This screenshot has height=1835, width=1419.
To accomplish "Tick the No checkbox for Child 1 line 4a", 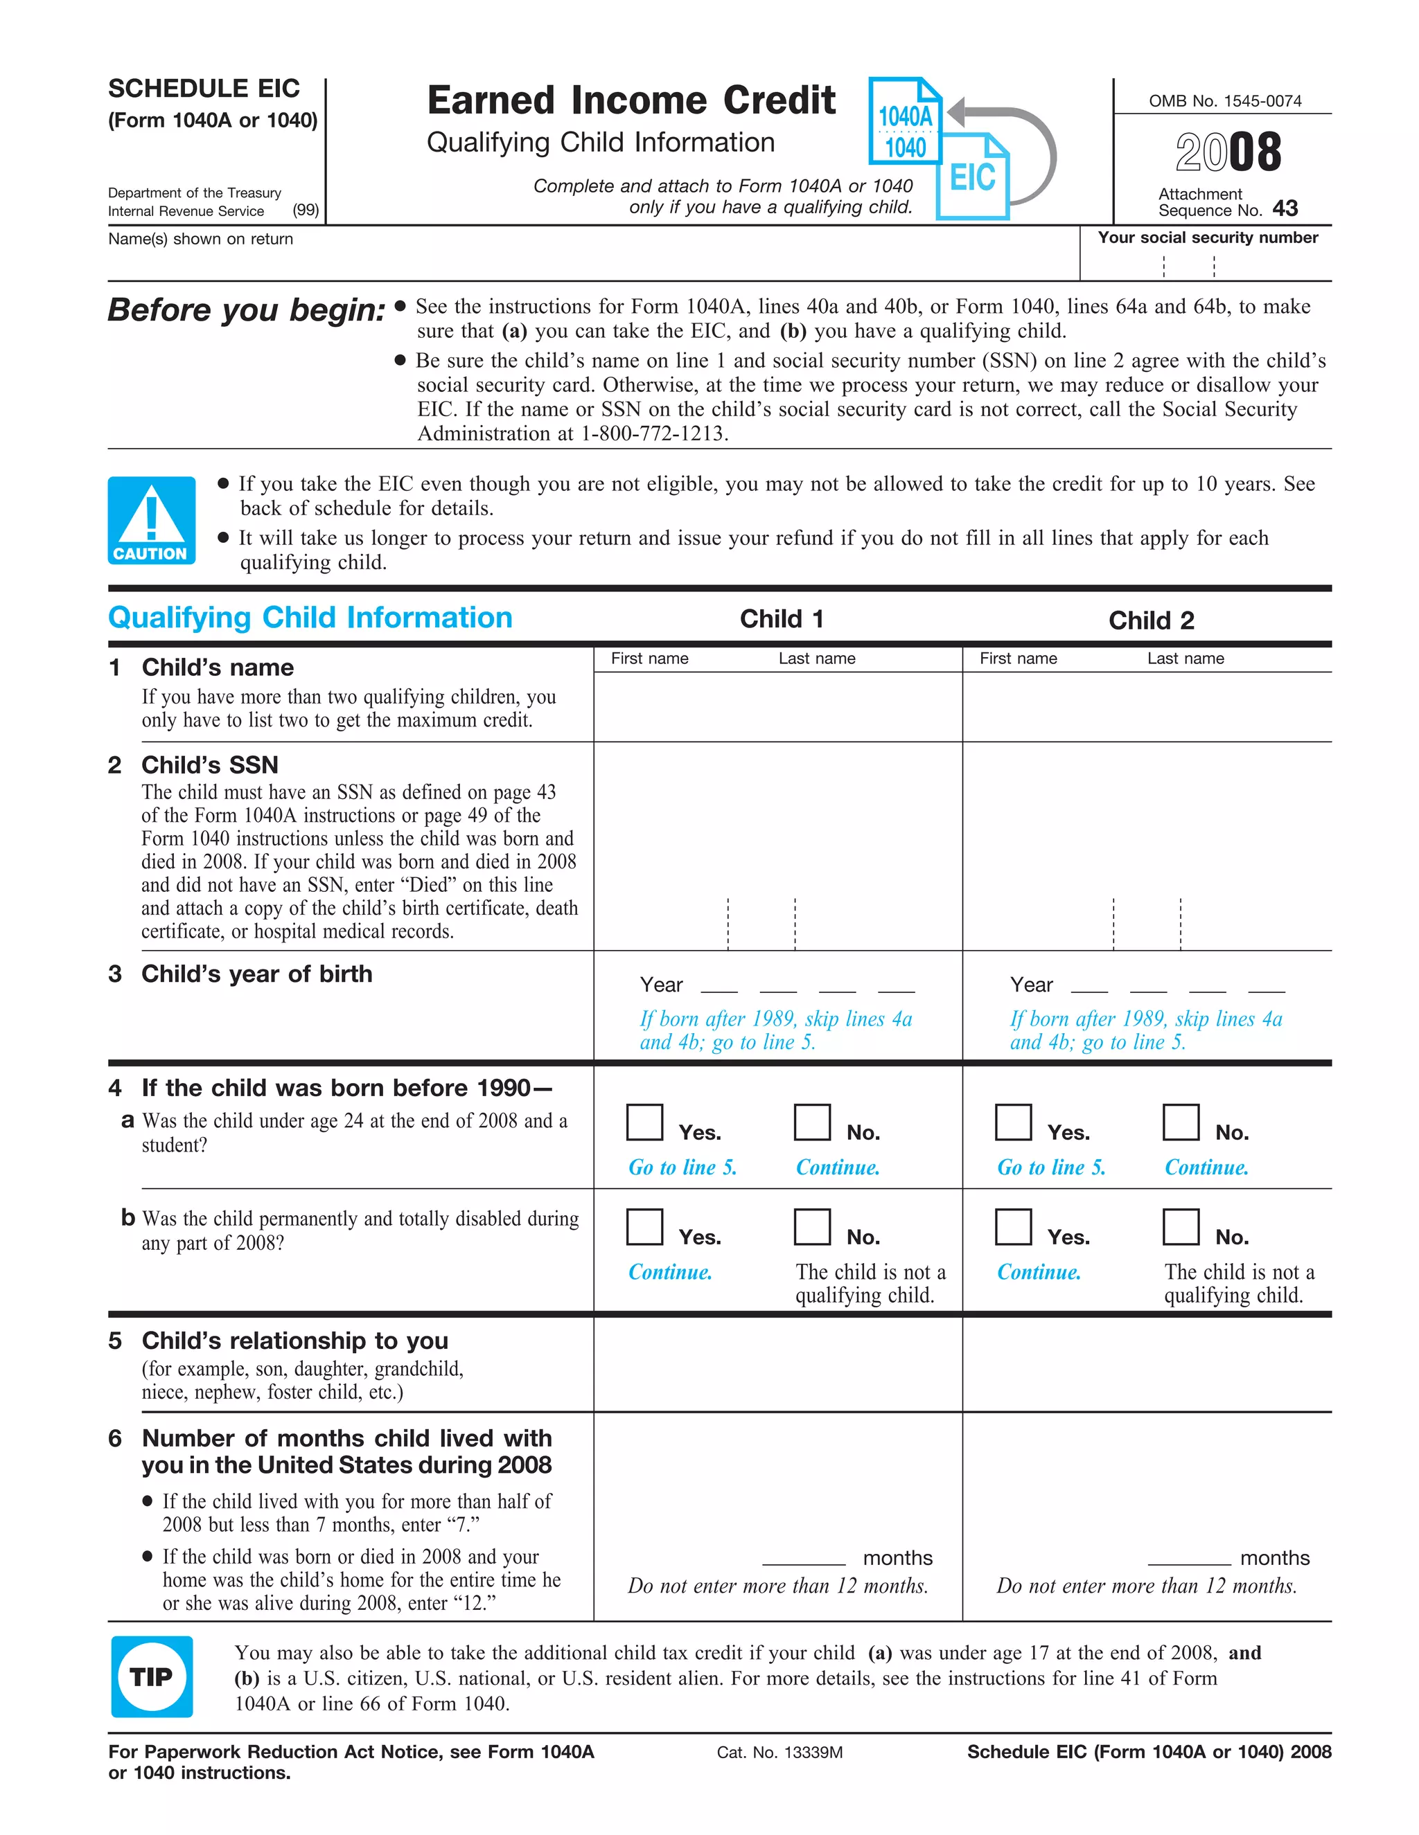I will pyautogui.click(x=812, y=1122).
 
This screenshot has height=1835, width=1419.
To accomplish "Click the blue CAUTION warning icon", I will pyautogui.click(x=151, y=520).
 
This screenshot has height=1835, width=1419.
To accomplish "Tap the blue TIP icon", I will pyautogui.click(x=151, y=1676).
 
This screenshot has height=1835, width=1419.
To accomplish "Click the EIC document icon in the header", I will pyautogui.click(x=973, y=177).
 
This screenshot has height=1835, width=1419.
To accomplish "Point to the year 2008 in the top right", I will pyautogui.click(x=1228, y=152).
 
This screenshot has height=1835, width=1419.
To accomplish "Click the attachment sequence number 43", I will pyautogui.click(x=1285, y=208).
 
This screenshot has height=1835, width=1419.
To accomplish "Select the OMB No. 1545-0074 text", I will pyautogui.click(x=1225, y=101).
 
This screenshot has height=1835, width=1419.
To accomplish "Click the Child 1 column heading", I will pyautogui.click(x=781, y=619).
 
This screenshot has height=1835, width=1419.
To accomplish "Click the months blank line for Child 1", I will pyautogui.click(x=804, y=1559).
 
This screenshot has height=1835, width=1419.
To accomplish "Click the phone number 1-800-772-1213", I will pyautogui.click(x=653, y=433).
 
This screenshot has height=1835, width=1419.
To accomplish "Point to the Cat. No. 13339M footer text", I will pyautogui.click(x=779, y=1753).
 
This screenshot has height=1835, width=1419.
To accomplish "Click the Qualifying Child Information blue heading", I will pyautogui.click(x=310, y=618).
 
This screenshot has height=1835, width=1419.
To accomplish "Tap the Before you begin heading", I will pyautogui.click(x=246, y=310).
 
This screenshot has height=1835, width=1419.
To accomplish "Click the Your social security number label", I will pyautogui.click(x=1207, y=238).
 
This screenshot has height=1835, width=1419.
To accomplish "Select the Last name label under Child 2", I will pyautogui.click(x=1186, y=659).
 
